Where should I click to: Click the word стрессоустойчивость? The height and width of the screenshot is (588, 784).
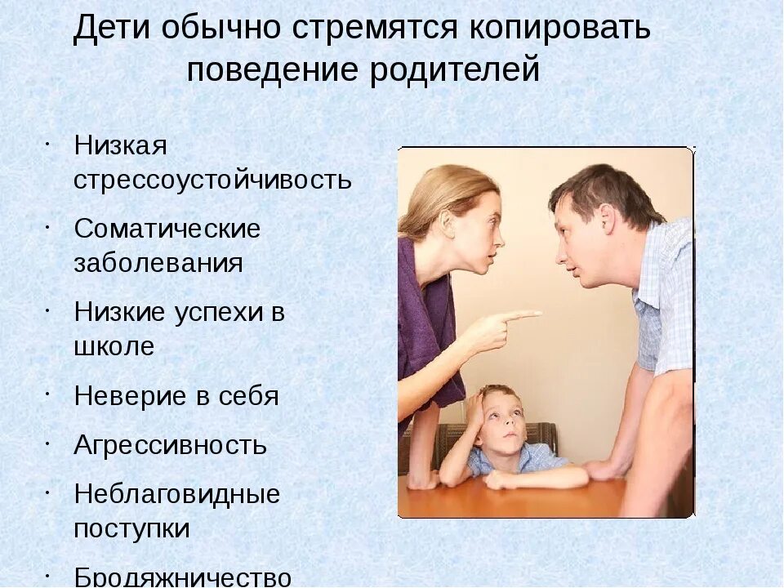[x=212, y=180]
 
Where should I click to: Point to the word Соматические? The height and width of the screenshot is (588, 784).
[x=167, y=229]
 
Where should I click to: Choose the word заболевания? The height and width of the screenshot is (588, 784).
[x=158, y=264]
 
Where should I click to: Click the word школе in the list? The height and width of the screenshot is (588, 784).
[x=114, y=346]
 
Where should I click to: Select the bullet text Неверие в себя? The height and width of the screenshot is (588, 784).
[x=176, y=396]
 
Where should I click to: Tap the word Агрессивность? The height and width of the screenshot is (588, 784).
[x=170, y=445]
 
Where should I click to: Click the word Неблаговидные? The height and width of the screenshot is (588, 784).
[x=176, y=494]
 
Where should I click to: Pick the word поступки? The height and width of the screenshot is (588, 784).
[x=131, y=528]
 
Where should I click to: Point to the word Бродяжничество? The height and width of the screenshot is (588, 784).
[x=182, y=577]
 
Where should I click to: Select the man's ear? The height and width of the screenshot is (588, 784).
[x=606, y=219]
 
